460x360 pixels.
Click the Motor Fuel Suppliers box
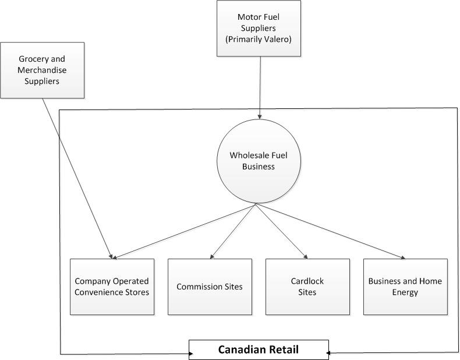click(259, 28)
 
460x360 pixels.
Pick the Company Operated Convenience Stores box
click(112, 287)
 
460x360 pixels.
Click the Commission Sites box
click(210, 287)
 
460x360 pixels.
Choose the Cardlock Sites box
click(307, 287)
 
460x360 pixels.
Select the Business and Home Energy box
click(405, 287)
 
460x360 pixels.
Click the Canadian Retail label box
click(258, 350)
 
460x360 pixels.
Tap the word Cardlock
click(307, 281)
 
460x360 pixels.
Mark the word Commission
click(198, 287)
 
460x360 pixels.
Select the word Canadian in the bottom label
click(240, 350)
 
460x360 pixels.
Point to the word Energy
click(405, 292)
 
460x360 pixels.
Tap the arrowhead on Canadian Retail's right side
click(329, 353)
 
